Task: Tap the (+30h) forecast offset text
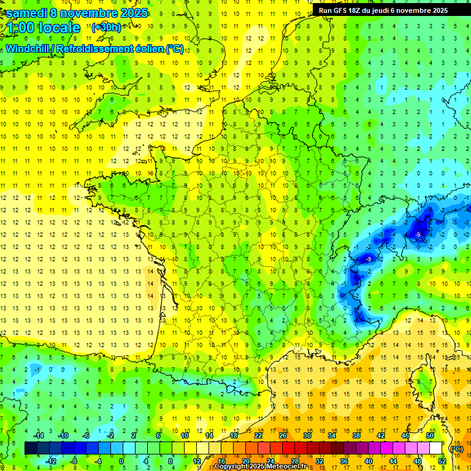click(106, 27)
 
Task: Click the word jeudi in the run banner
click(388, 10)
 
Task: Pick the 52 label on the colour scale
click(442, 461)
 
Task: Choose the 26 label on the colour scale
click(283, 435)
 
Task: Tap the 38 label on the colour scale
click(356, 435)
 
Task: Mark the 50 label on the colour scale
click(429, 435)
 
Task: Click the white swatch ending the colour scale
click(435, 448)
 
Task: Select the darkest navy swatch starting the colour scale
click(31, 448)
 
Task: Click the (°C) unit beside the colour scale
click(456, 448)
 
